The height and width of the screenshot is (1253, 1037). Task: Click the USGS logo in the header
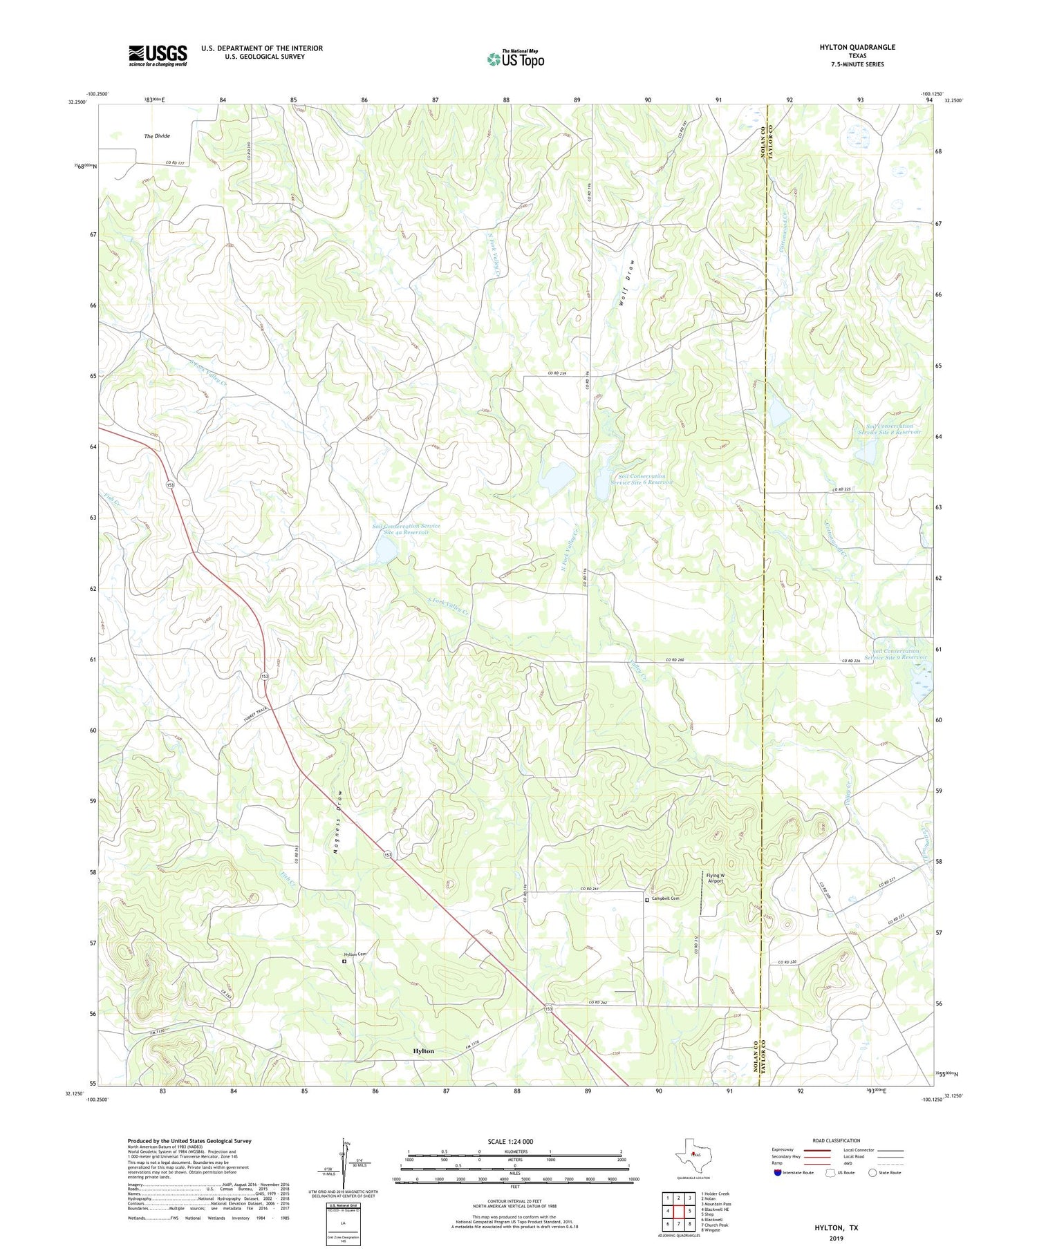coord(158,55)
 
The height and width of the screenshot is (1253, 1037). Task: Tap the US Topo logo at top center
coord(516,59)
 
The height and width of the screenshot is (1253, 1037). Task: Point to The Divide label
coord(157,136)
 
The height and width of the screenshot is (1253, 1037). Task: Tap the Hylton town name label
coord(424,1051)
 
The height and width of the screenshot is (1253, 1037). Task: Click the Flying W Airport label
coord(716,878)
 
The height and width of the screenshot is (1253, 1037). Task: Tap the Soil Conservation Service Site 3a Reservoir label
coord(406,529)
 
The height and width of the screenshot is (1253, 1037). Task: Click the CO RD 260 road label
coord(675,661)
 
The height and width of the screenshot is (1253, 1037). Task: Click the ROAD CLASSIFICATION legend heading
coord(837,1140)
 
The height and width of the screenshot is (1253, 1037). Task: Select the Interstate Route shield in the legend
coord(778,1173)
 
